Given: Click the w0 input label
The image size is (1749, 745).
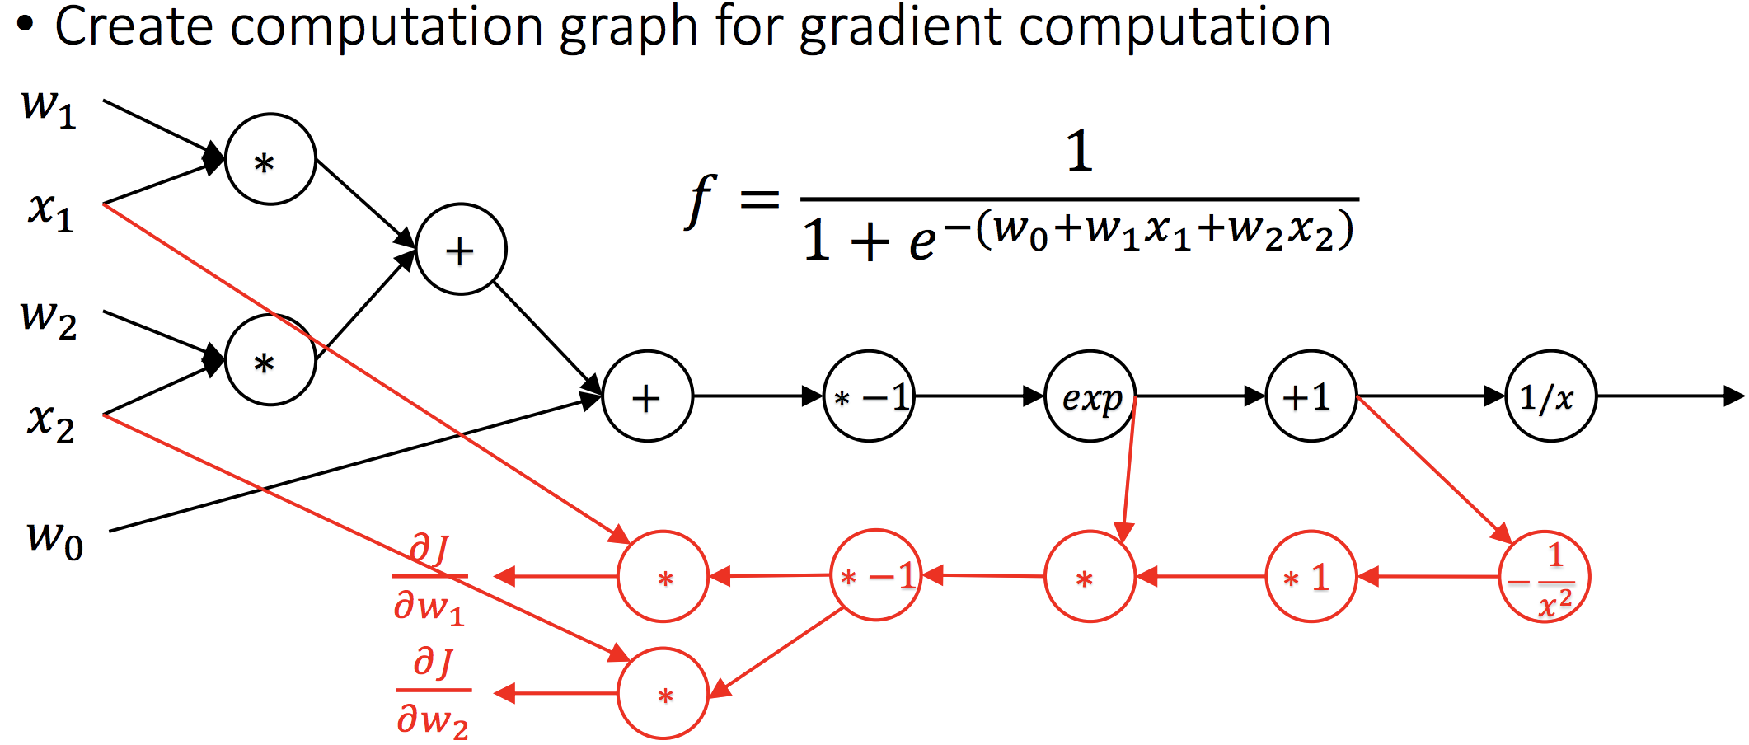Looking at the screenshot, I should coord(54,540).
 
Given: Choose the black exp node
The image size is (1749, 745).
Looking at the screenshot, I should coord(1090,397).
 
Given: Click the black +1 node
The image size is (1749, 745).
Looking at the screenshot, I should coord(1311,397).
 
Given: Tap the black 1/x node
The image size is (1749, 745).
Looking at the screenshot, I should coord(1550,397).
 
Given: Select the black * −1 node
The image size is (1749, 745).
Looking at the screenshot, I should coord(869,397).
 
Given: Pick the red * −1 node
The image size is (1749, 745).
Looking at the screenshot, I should coord(875,575).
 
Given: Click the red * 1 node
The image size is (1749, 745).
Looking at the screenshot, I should coord(1311,576).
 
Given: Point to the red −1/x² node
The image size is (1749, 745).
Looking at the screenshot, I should coord(1545,576).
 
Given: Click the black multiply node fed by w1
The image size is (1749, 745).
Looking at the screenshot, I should coord(270,160).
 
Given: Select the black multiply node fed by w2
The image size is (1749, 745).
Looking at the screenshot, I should coord(270,360).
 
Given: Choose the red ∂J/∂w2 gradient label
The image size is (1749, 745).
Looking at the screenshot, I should coord(433,692).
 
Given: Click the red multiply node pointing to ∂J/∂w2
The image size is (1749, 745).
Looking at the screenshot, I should coord(663,694).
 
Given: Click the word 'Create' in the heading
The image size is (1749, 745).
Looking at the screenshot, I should coord(134,26).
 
